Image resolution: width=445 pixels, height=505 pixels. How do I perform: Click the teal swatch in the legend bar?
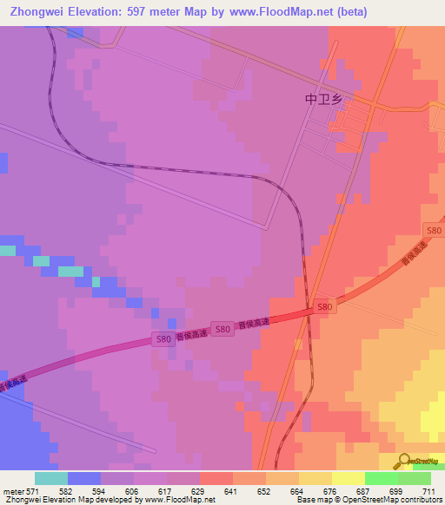(x=51, y=478)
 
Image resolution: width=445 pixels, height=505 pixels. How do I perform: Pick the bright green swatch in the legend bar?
(x=381, y=478)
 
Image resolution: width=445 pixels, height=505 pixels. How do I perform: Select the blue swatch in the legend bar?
(x=84, y=478)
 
